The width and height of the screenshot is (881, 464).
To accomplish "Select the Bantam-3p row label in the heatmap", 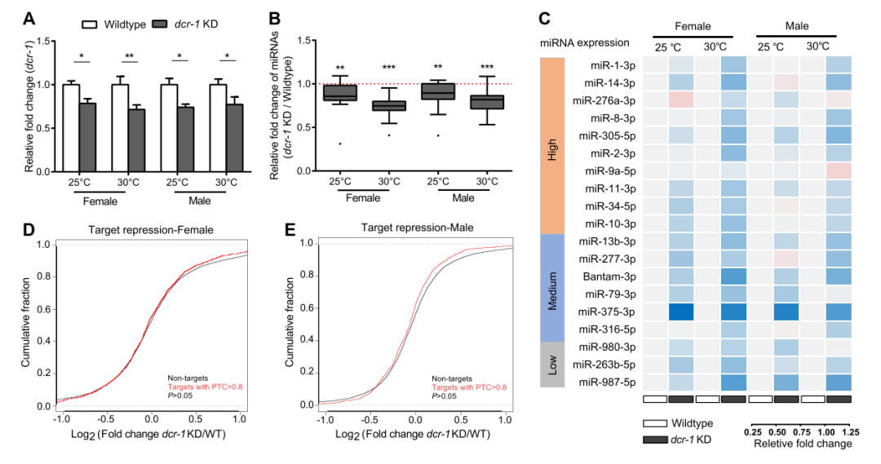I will click(x=612, y=276).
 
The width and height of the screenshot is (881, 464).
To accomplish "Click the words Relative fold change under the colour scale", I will click(x=801, y=444).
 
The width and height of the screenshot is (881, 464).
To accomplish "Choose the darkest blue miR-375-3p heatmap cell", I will click(x=680, y=312).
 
